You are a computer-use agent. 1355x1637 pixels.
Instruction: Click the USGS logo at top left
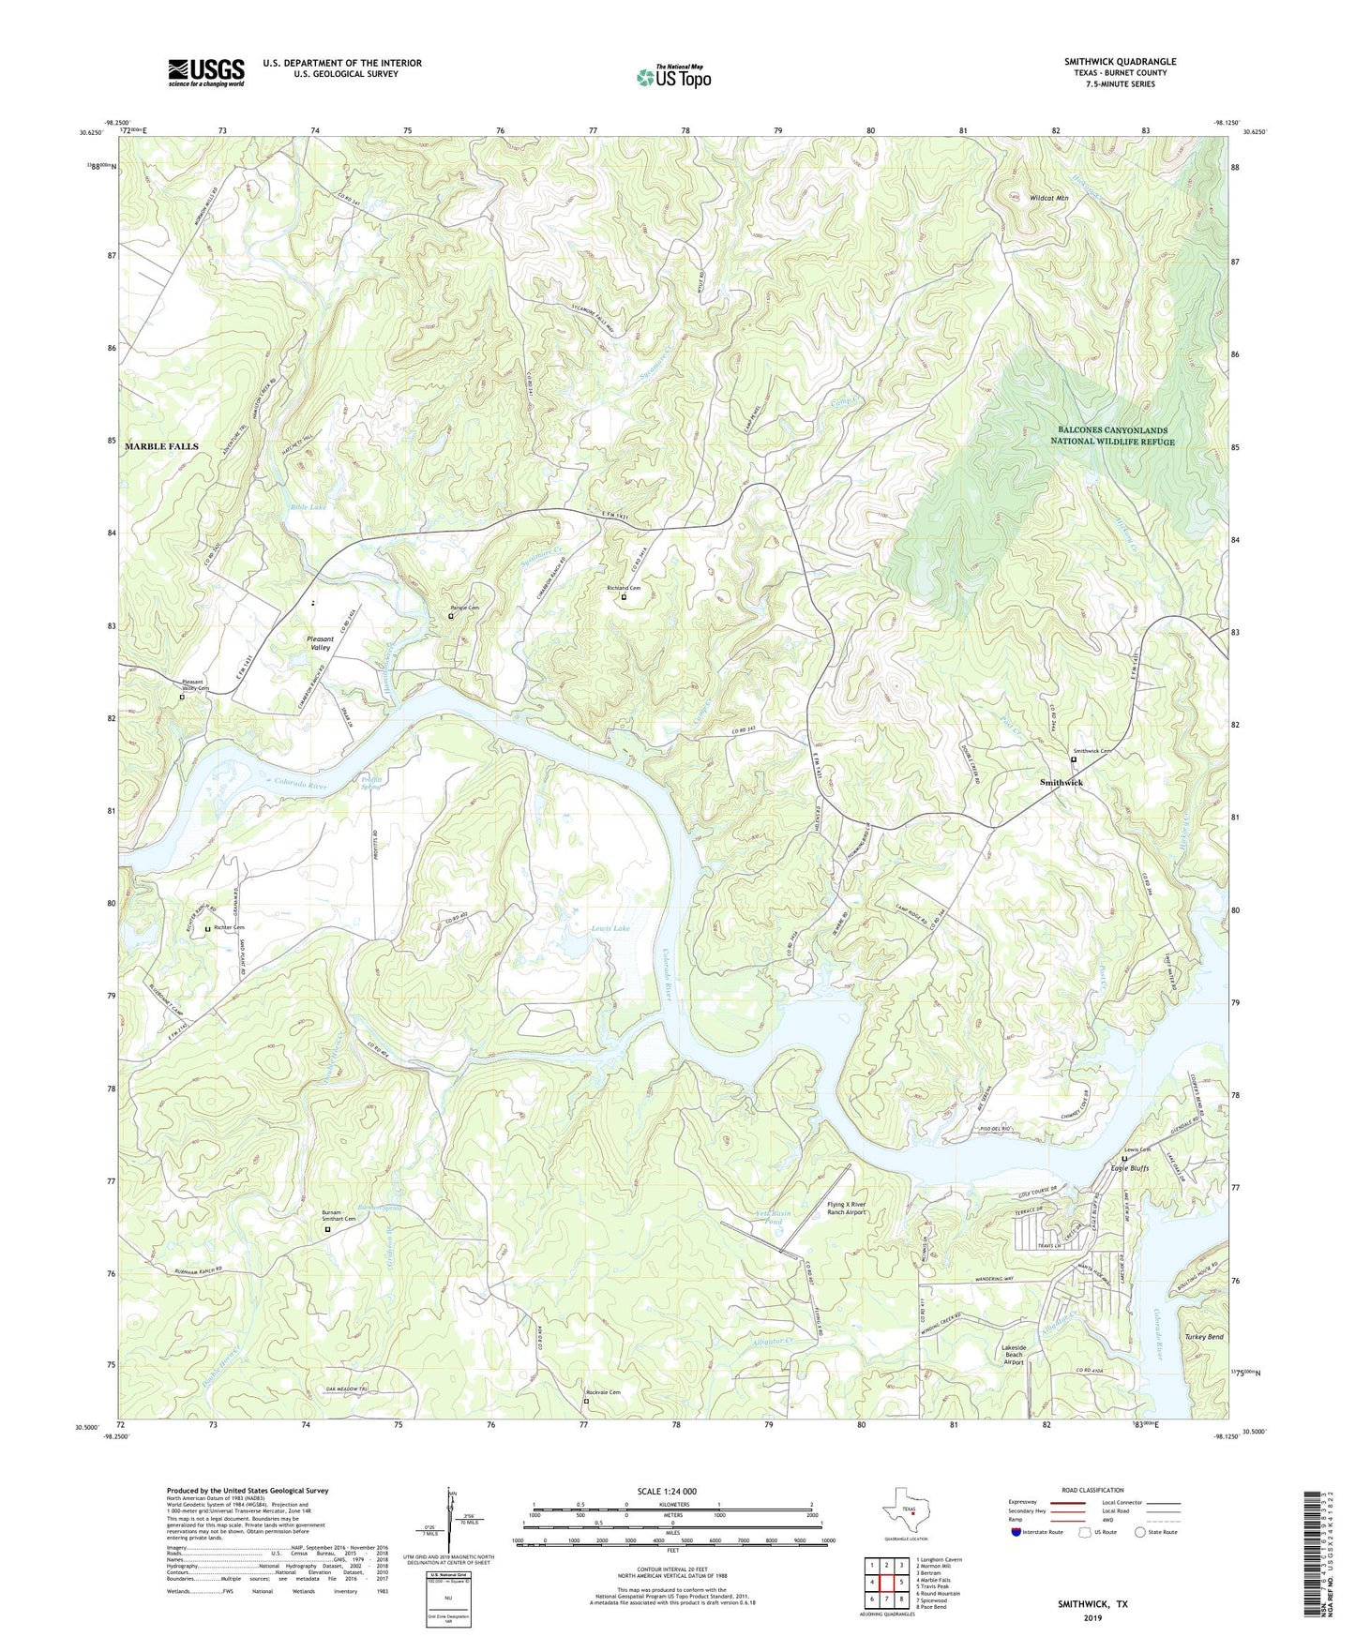206,72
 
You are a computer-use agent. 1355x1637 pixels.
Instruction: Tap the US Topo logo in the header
673,77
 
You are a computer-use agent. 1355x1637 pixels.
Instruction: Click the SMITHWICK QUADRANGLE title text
1120,62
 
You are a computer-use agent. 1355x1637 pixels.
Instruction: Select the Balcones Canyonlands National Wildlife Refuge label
1112,436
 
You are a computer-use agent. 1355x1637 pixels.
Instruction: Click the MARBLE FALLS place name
161,447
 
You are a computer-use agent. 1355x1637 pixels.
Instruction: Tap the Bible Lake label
308,507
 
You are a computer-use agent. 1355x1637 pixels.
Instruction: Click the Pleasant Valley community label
321,643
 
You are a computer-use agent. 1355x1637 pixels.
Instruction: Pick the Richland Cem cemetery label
624,589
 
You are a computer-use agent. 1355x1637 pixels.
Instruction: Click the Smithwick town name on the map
1061,782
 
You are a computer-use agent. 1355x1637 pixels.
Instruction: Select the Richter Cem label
229,928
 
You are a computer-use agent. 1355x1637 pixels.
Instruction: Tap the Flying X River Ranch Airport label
846,1208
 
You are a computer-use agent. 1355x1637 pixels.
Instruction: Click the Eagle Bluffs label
1129,1168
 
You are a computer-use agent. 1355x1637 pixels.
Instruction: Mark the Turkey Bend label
1203,1337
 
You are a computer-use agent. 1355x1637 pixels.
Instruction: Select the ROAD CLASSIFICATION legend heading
1092,1490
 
